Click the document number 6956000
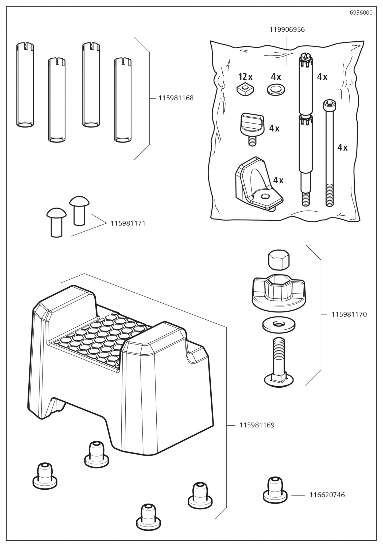tap(361, 13)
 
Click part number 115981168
tap(176, 98)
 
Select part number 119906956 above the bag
tap(287, 30)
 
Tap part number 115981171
tap(128, 223)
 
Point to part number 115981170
tap(349, 314)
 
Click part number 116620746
tap(327, 495)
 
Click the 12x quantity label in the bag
tap(245, 77)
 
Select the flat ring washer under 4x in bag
tap(276, 89)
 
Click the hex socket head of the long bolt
tap(330, 104)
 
